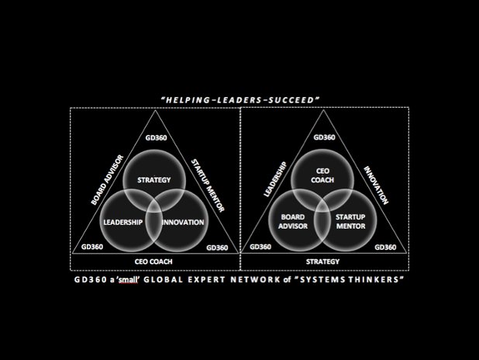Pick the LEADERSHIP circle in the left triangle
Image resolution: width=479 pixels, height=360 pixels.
[124, 223]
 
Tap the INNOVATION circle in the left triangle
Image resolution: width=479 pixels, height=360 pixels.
[183, 223]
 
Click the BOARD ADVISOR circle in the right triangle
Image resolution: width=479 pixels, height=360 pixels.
[294, 221]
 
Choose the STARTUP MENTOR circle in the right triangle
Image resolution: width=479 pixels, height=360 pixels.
[353, 221]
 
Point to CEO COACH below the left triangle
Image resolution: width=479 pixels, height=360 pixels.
[153, 261]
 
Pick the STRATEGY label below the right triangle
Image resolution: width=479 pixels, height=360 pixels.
[322, 261]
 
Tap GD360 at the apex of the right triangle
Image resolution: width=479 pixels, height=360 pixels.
[323, 137]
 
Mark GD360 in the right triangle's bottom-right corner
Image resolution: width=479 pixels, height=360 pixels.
[384, 247]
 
